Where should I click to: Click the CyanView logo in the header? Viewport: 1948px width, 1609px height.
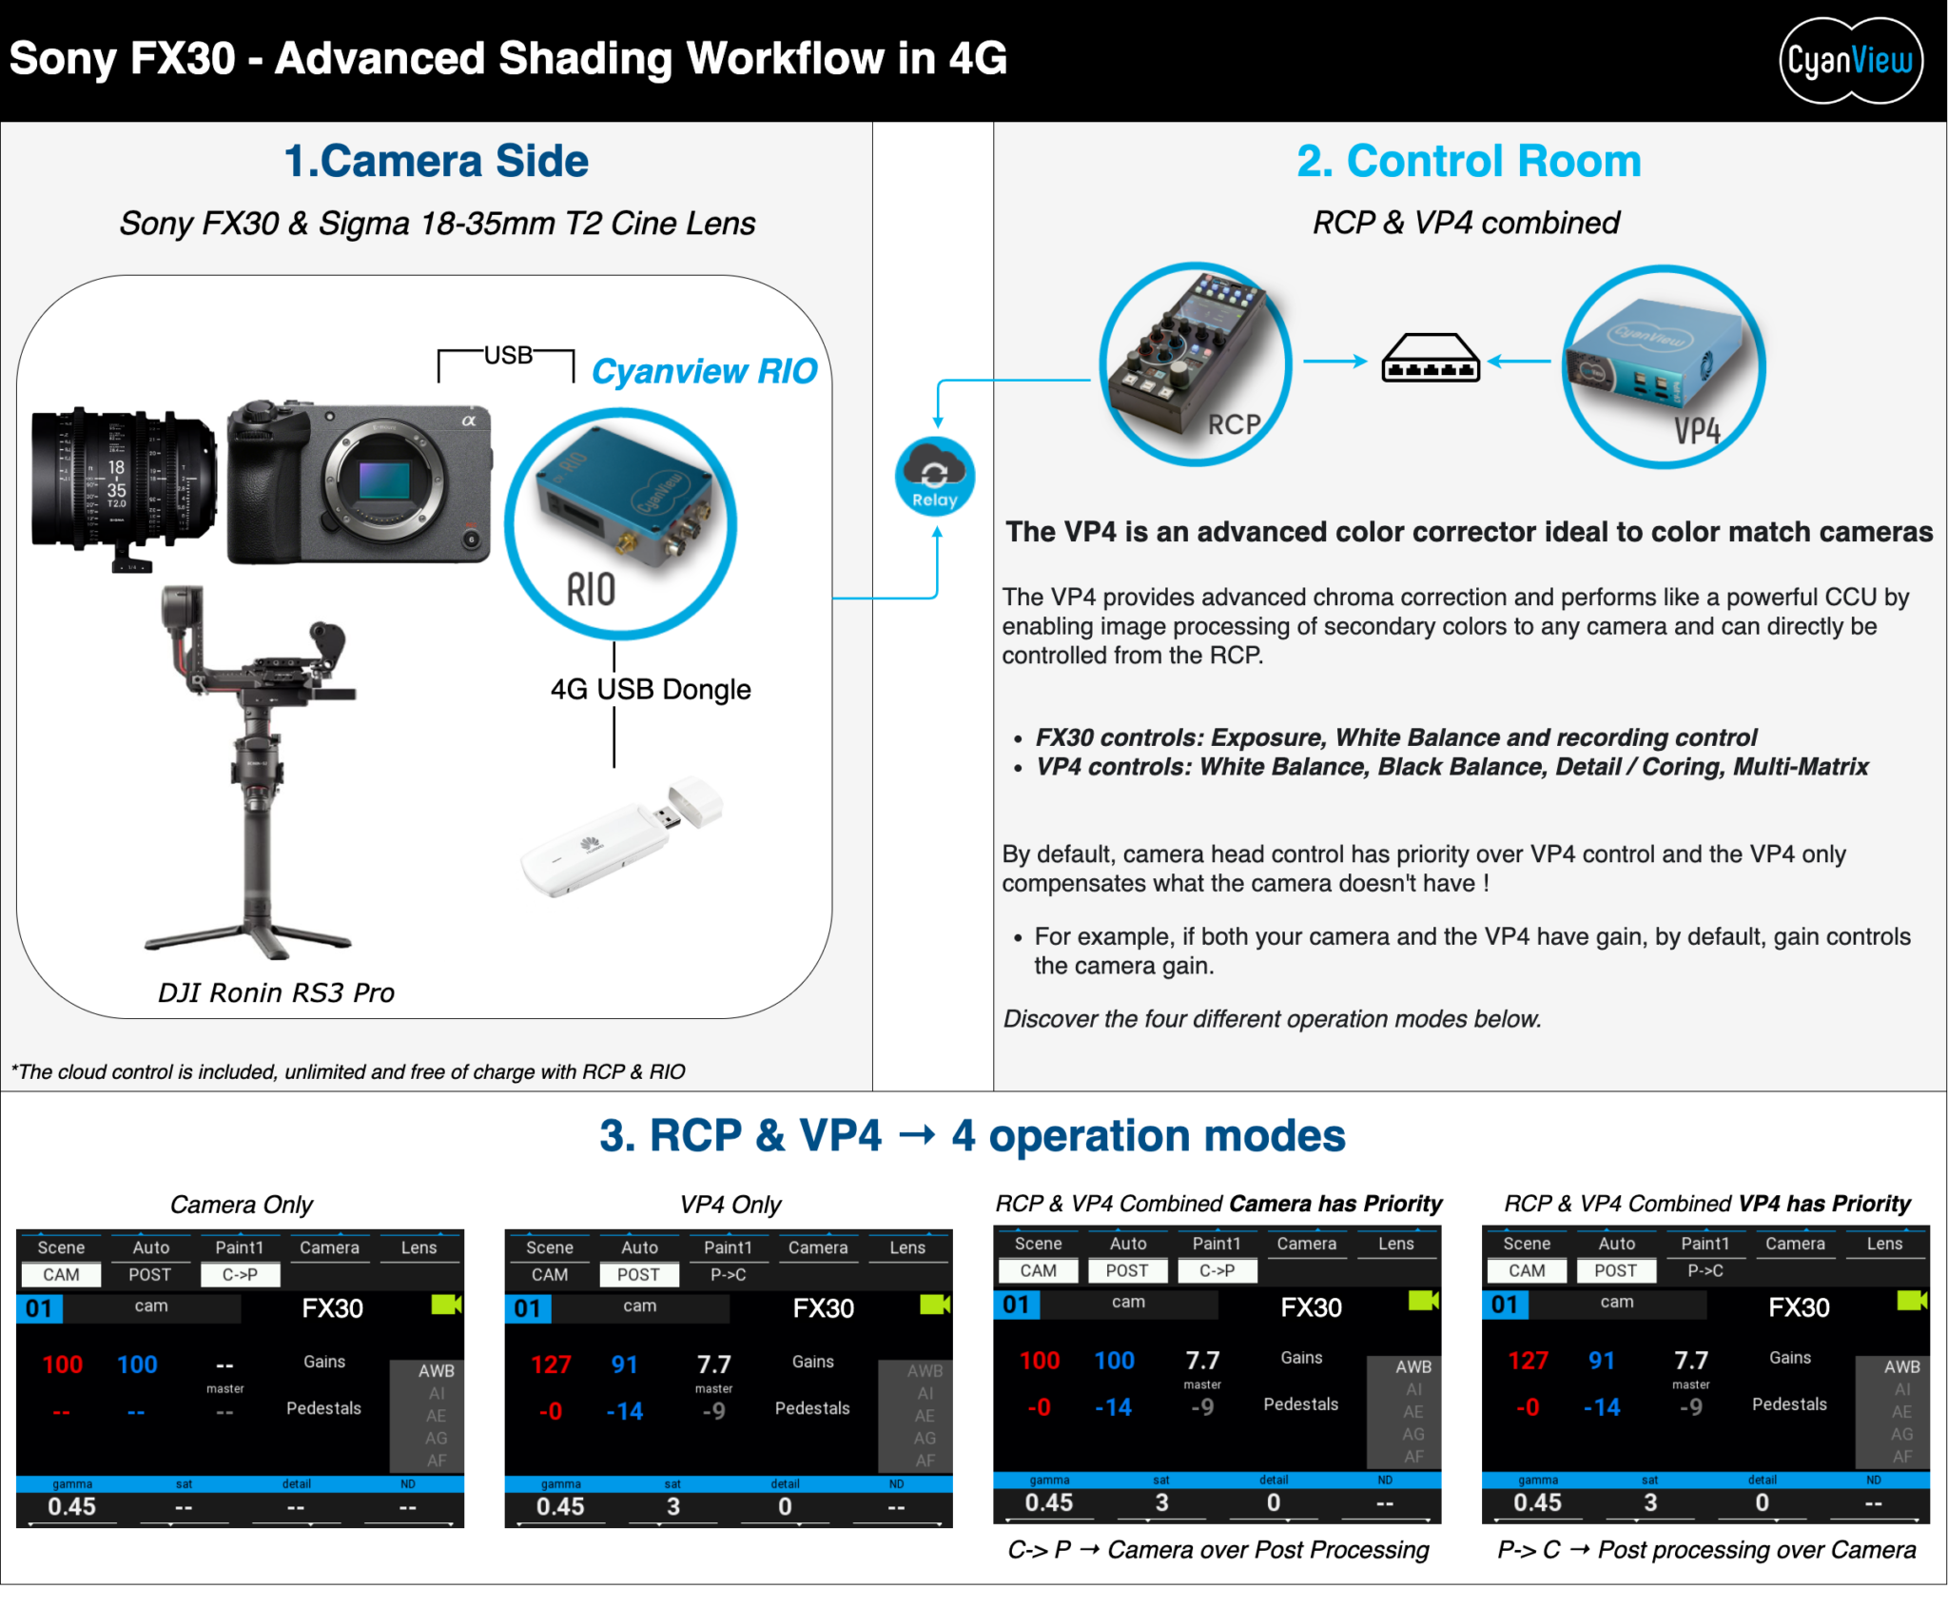(x=1849, y=61)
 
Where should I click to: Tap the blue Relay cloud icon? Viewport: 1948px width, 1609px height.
(x=934, y=476)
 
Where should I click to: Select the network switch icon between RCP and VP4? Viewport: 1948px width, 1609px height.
(x=1430, y=360)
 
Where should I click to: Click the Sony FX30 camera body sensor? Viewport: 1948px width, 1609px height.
(x=384, y=481)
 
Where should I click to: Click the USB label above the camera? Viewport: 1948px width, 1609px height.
(x=508, y=356)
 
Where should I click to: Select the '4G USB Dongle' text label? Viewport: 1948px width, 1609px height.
(x=651, y=689)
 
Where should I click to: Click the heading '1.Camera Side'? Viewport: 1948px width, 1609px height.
(x=436, y=161)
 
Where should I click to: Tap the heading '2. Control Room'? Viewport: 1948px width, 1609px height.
(x=1469, y=161)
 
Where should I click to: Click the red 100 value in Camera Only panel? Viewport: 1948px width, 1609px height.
(x=63, y=1364)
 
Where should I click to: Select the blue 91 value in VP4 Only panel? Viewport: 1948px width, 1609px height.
(x=624, y=1364)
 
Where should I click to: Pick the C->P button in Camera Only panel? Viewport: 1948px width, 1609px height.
(x=240, y=1275)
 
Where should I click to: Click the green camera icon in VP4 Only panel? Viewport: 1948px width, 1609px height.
(x=934, y=1305)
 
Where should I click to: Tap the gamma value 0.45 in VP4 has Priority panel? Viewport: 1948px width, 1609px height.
(x=1537, y=1502)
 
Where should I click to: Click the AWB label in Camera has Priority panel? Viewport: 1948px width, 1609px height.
(x=1412, y=1366)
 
